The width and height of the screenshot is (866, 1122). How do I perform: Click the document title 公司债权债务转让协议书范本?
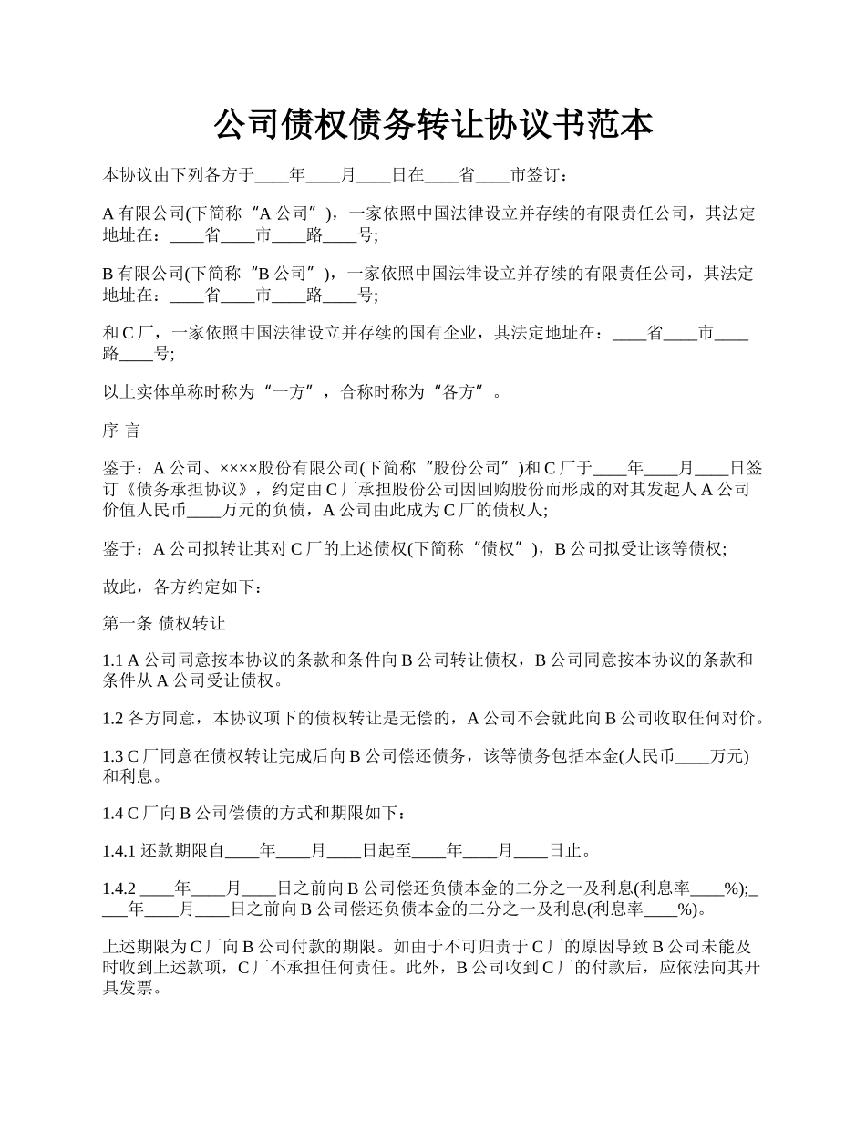pyautogui.click(x=433, y=125)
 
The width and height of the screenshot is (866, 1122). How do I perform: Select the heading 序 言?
pyautogui.click(x=121, y=431)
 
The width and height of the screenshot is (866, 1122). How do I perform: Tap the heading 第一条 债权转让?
pyautogui.click(x=164, y=624)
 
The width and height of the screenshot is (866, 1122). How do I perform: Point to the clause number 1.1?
pyautogui.click(x=112, y=660)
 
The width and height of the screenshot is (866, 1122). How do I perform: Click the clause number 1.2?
pyautogui.click(x=113, y=719)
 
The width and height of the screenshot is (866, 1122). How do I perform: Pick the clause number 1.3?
pyautogui.click(x=113, y=757)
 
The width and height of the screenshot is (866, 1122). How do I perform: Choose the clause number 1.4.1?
pyautogui.click(x=119, y=852)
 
